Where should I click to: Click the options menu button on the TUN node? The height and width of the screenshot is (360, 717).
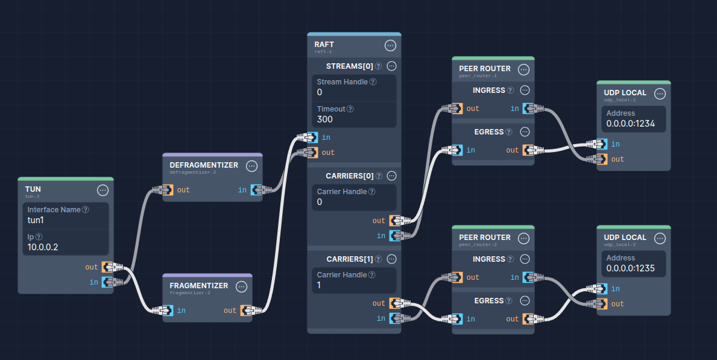pyautogui.click(x=103, y=191)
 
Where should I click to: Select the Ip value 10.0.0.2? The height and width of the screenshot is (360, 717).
pyautogui.click(x=43, y=247)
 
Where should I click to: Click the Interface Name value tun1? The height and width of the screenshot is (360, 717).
pyautogui.click(x=36, y=220)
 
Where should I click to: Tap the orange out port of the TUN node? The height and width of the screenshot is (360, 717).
pyautogui.click(x=108, y=267)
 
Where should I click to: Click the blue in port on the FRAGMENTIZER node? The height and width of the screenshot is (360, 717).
pyautogui.click(x=168, y=311)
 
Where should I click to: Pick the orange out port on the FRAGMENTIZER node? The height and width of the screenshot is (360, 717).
pyautogui.click(x=245, y=311)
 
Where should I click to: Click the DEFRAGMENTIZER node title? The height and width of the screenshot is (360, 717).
pyautogui.click(x=203, y=165)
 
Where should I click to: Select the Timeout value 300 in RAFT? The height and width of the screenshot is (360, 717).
pyautogui.click(x=324, y=119)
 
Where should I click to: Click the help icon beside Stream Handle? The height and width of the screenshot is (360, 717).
pyautogui.click(x=373, y=82)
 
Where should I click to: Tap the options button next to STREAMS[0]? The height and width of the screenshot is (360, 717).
pyautogui.click(x=391, y=66)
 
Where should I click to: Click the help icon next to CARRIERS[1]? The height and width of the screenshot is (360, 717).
pyautogui.click(x=378, y=259)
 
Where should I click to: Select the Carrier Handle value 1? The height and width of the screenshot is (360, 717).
pyautogui.click(x=320, y=285)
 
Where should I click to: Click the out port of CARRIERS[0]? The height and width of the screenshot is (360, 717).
pyautogui.click(x=395, y=221)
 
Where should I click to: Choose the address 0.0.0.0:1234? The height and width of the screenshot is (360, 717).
pyautogui.click(x=630, y=124)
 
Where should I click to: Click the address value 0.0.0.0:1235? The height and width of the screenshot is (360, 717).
pyautogui.click(x=630, y=268)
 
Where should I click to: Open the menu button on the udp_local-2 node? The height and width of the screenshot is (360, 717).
pyautogui.click(x=660, y=239)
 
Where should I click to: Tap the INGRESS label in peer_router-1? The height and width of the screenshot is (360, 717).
pyautogui.click(x=488, y=90)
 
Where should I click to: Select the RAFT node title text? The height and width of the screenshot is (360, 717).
pyautogui.click(x=324, y=45)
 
